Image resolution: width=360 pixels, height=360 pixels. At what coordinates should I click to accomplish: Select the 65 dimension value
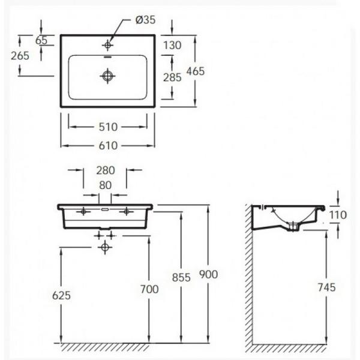click(41, 40)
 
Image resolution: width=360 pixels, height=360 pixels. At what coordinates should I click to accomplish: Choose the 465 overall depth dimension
click(195, 71)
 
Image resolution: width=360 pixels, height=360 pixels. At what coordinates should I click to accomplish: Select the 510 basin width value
click(107, 127)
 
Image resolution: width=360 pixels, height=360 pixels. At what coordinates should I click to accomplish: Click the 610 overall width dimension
click(107, 145)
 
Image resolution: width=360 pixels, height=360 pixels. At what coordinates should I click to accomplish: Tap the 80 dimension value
click(105, 185)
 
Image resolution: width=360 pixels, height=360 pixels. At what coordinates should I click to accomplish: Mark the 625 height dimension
click(62, 295)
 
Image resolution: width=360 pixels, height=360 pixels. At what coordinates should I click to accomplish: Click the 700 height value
click(149, 289)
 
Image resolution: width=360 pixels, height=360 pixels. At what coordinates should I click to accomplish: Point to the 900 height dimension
click(208, 274)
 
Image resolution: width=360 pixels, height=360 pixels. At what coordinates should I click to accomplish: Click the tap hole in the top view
click(108, 45)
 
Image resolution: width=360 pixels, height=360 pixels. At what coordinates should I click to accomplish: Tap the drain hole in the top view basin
click(108, 76)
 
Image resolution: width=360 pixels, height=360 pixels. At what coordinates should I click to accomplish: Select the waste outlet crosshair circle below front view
click(106, 247)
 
